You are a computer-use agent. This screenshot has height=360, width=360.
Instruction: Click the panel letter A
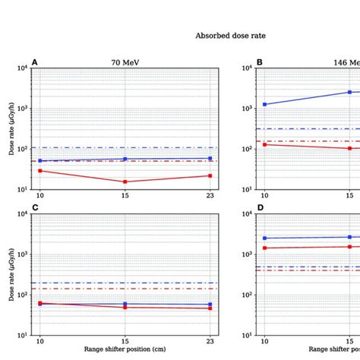coord(34,62)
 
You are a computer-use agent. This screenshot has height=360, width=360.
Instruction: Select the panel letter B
coord(260,62)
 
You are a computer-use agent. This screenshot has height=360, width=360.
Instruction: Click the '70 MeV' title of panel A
coord(125,63)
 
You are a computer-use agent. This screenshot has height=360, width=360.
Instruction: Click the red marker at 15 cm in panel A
coord(125,182)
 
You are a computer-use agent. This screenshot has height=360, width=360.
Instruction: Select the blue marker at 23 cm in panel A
coord(210,158)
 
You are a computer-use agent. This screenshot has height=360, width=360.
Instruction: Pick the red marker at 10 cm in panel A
coord(40,171)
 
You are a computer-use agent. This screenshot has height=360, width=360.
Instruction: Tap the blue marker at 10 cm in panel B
coord(265,104)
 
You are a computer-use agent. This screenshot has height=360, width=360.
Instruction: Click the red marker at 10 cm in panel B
coord(265,144)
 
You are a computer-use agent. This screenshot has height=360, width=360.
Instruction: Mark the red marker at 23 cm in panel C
coord(210,308)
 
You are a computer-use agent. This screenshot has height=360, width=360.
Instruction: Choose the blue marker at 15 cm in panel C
coord(125,304)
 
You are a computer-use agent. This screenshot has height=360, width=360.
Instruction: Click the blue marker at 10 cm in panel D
coord(265,238)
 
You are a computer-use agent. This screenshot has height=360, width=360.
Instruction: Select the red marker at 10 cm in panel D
coord(265,248)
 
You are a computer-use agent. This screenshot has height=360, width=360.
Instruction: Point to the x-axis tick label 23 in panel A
coord(210,197)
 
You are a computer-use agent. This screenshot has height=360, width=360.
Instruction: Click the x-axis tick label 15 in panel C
coord(125,343)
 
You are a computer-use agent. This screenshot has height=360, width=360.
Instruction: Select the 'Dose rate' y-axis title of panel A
coord(11,128)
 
